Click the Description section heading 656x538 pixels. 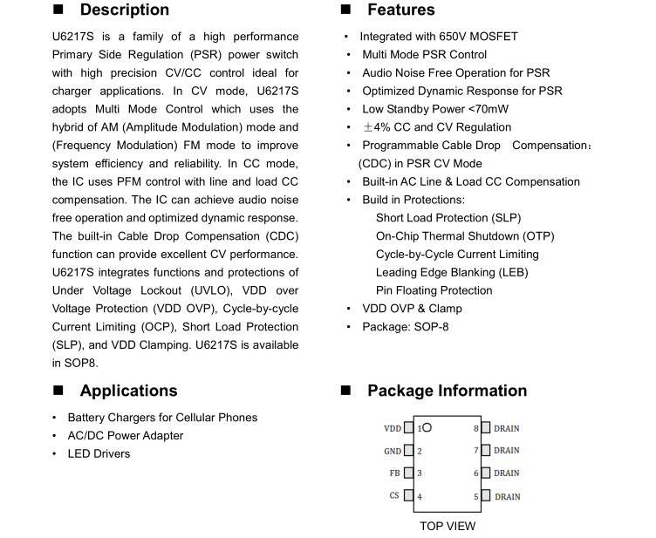point(125,10)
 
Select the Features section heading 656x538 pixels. point(400,10)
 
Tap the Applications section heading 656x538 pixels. point(128,391)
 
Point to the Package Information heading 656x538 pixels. point(447,391)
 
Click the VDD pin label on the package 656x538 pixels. point(393,428)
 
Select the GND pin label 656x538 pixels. point(393,451)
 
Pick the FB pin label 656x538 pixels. point(395,473)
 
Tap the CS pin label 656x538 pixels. point(395,496)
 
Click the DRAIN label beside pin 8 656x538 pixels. point(507,428)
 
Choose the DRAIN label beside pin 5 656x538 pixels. point(507,497)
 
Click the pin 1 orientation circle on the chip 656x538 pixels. point(427,428)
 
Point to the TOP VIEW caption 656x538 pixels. point(448,526)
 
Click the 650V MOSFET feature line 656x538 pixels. point(439,37)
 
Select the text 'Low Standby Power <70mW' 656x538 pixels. point(435,109)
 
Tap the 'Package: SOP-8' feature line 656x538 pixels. point(406,327)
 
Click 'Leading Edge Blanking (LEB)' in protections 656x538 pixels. point(452,272)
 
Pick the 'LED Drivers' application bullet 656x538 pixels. point(99,453)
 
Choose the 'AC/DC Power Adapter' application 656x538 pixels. point(126,435)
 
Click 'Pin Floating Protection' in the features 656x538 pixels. point(434,290)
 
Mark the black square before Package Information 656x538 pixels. point(345,391)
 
